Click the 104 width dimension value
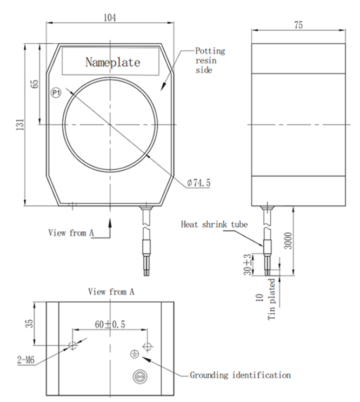(x=110, y=17)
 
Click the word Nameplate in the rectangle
(x=112, y=62)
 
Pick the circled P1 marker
(x=56, y=93)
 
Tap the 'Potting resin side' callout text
(x=210, y=61)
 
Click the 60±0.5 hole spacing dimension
(x=110, y=324)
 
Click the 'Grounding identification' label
(x=240, y=374)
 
